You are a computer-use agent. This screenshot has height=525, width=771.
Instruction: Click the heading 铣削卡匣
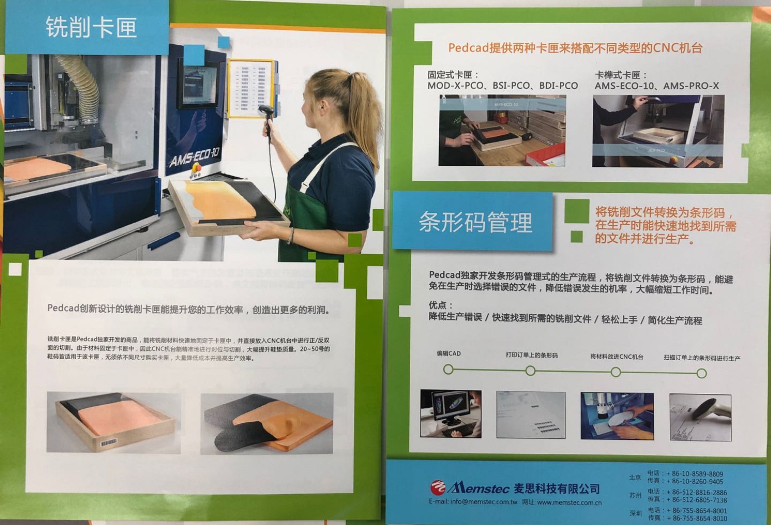point(91,27)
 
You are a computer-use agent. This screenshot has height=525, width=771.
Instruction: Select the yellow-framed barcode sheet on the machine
point(252,88)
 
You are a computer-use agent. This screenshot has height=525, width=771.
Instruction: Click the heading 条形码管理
point(475,222)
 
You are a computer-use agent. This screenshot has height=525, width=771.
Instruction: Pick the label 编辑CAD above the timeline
point(449,353)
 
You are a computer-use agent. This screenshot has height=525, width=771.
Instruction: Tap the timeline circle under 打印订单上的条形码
point(530,371)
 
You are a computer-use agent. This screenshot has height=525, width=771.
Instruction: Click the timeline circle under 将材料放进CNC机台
point(615,372)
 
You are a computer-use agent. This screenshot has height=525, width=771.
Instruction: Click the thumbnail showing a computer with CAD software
point(451,414)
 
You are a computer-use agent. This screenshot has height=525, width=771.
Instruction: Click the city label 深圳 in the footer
point(635,513)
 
